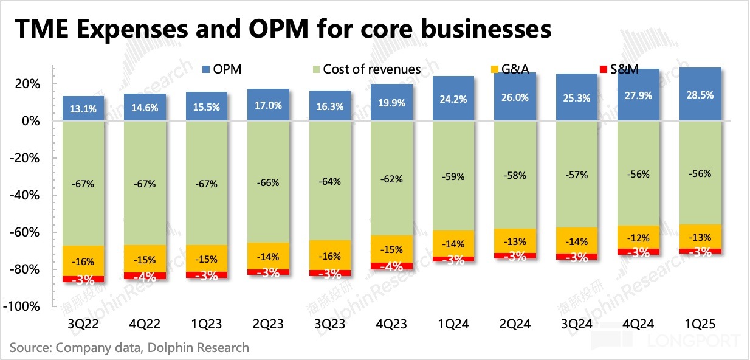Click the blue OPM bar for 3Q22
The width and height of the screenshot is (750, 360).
coord(83,108)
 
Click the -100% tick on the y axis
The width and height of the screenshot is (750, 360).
coord(24,306)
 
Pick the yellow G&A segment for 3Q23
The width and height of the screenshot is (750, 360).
coord(331,255)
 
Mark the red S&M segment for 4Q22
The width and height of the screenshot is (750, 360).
coord(145,276)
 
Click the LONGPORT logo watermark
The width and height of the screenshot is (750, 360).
coord(687,341)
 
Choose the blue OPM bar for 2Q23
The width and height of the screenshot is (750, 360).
coord(269,105)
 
